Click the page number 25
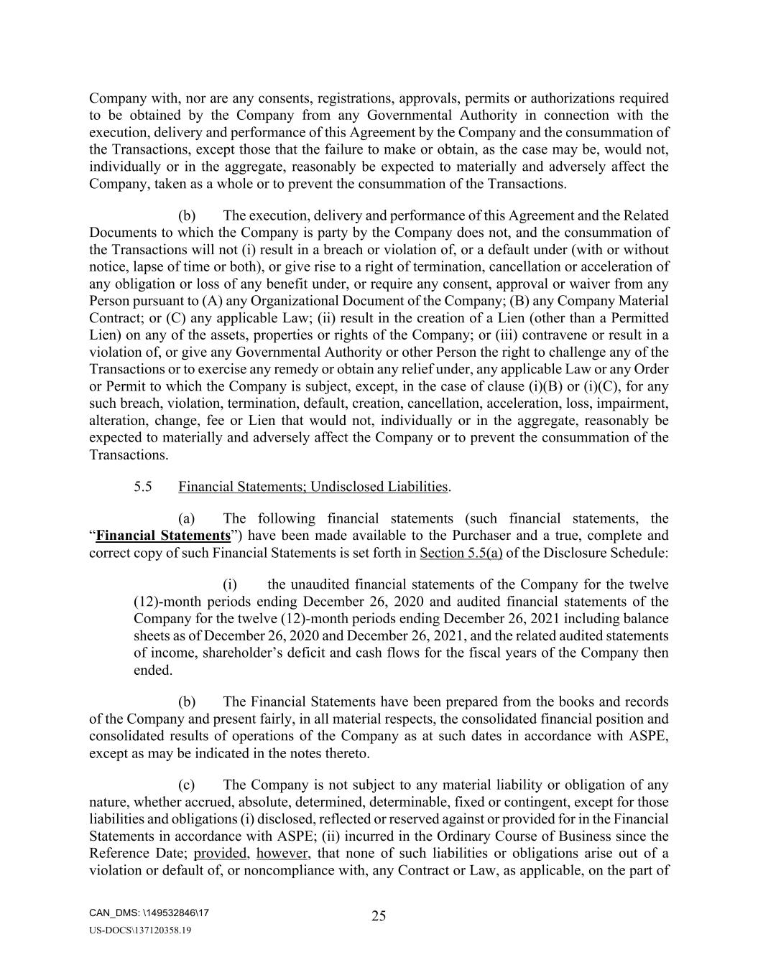coord(379,915)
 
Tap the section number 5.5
coord(143,487)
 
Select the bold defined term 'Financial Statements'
coord(163,536)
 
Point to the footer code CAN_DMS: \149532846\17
coord(149,913)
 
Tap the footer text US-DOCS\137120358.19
coord(140,930)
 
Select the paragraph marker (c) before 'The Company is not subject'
coord(188,785)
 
